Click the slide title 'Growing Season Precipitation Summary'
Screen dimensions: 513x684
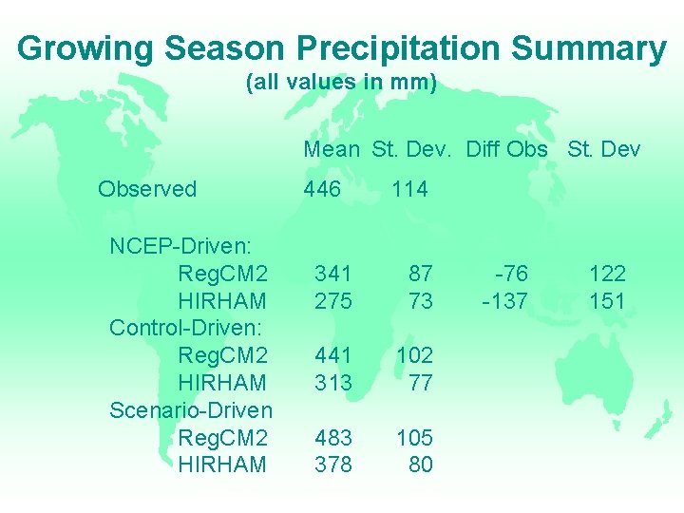[x=342, y=47]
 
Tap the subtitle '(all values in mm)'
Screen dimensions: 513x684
[x=341, y=83]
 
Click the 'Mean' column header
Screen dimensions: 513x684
[x=332, y=149]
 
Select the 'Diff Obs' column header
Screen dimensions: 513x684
[x=506, y=149]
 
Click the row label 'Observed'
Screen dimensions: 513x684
[x=147, y=189]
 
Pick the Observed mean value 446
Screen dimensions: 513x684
[x=322, y=189]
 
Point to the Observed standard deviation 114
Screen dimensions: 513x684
[x=409, y=189]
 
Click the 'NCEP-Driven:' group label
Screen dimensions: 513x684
[x=180, y=246]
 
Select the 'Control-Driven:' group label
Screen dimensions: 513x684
[x=188, y=328]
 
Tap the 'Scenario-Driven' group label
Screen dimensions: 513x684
[x=191, y=410]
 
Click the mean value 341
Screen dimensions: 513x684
[x=333, y=274]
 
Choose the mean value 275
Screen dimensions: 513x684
[x=333, y=301]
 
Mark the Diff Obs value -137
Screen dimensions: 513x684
[x=505, y=301]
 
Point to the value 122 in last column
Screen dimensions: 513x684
[x=607, y=274]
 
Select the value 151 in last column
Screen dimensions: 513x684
[x=607, y=301]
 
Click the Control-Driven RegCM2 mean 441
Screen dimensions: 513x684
[x=333, y=355]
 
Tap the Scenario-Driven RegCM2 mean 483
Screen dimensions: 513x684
[x=333, y=438]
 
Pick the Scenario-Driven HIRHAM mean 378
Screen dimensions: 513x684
[x=333, y=465]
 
